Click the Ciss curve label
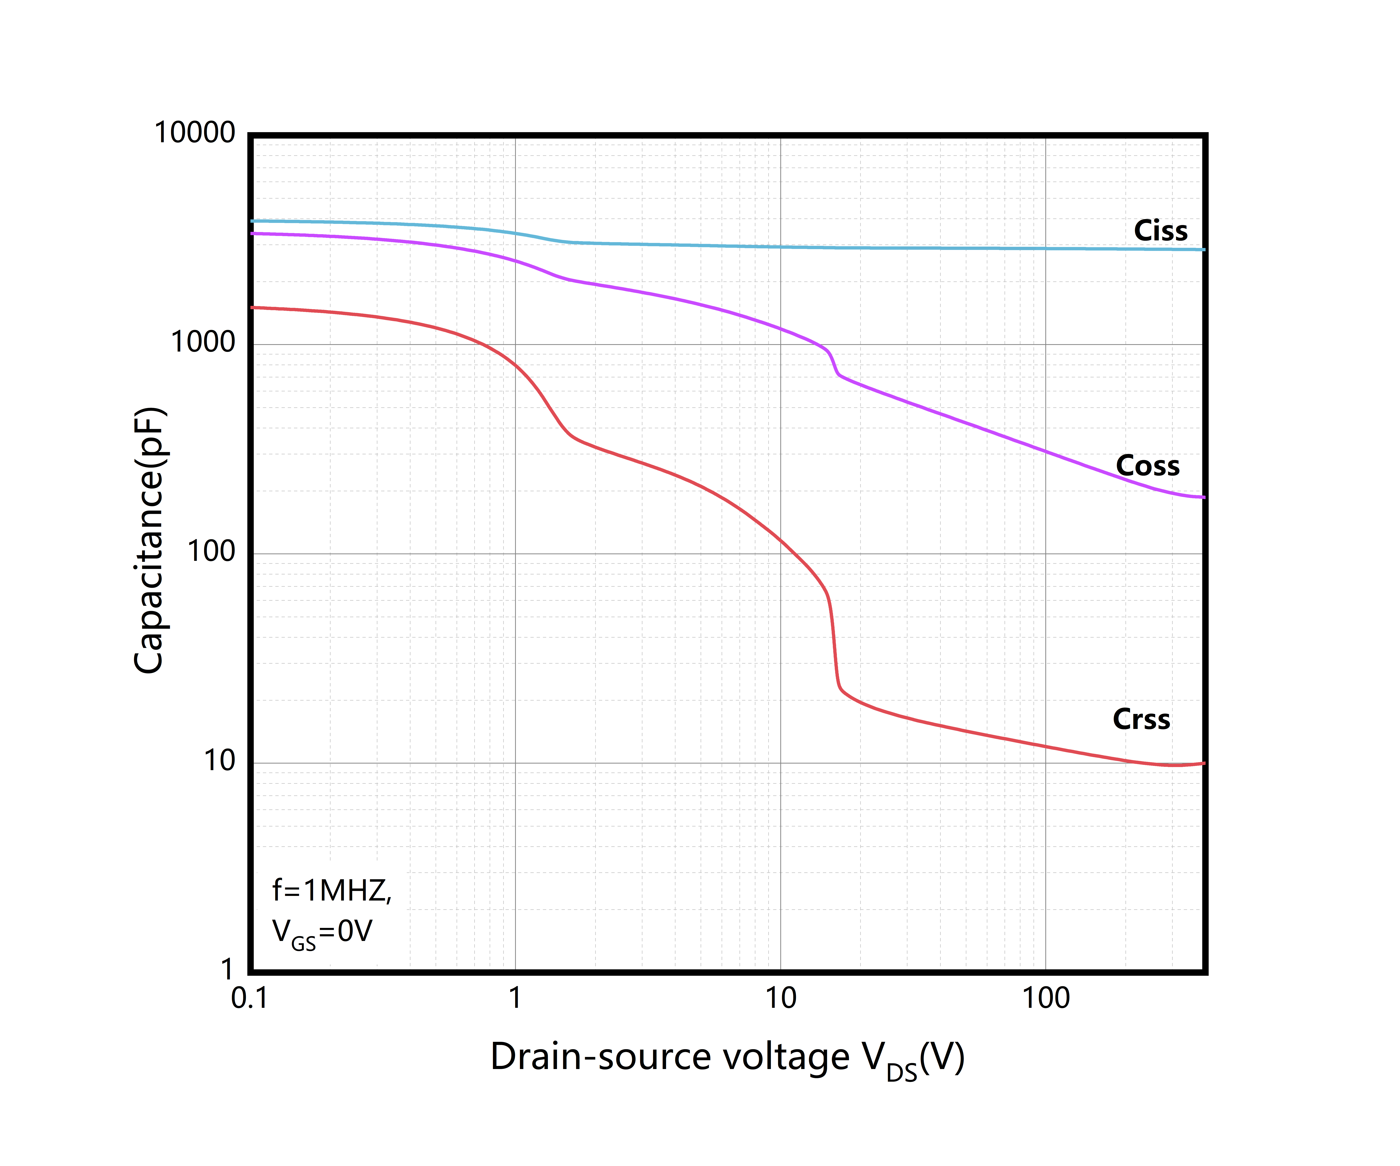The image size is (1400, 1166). coord(1161,230)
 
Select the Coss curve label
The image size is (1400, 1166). coord(1147,466)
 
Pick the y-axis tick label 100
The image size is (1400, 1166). coord(211,552)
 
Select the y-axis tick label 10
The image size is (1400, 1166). coord(219,761)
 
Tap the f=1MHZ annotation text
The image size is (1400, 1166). coord(331,891)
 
